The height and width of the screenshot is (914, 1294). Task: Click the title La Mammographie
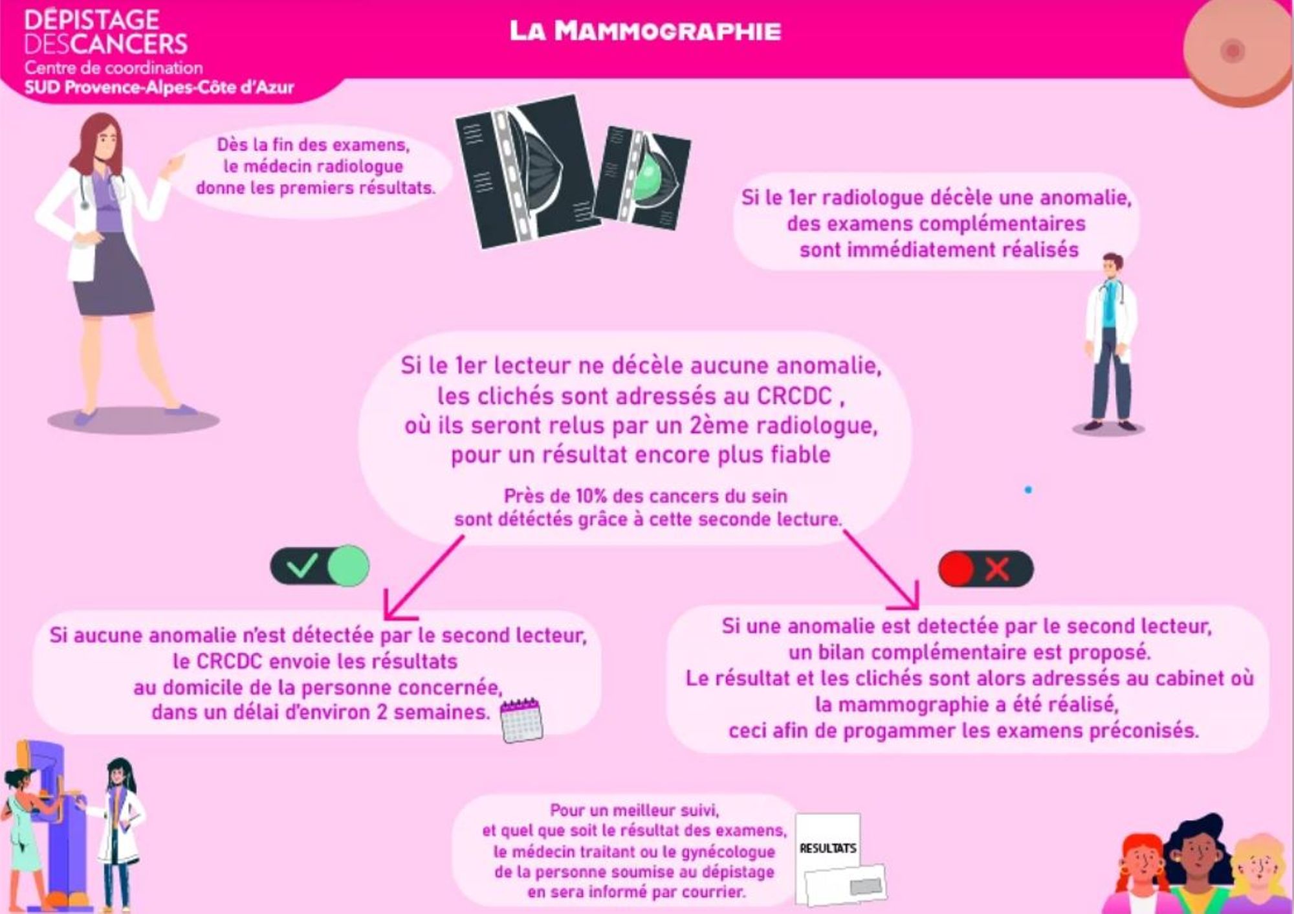[x=645, y=30]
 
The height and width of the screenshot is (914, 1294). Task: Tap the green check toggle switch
[x=320, y=566]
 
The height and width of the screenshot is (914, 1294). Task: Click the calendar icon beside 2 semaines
[x=521, y=720]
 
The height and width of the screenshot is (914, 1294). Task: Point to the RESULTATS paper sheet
[x=828, y=842]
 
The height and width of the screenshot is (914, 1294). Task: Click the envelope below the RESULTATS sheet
[x=845, y=884]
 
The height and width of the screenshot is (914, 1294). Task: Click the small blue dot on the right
[x=1028, y=490]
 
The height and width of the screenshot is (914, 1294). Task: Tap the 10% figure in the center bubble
[x=591, y=496]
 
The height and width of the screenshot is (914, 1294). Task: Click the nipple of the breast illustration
[x=1232, y=50]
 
